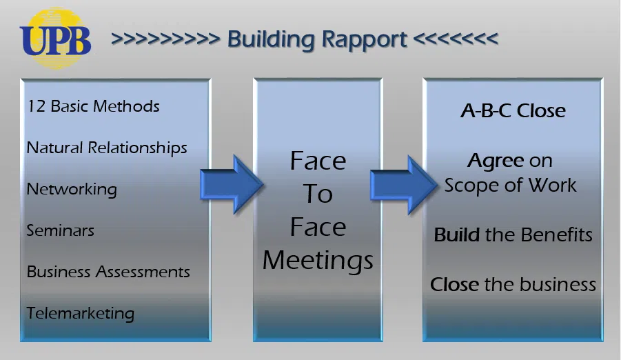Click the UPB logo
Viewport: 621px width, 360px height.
coord(55,39)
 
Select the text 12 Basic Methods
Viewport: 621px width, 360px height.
coord(93,106)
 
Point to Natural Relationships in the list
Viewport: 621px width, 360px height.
coord(107,148)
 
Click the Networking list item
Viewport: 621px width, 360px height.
coord(72,189)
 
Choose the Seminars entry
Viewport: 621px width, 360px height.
coord(61,230)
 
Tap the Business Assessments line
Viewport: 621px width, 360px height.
coord(108,272)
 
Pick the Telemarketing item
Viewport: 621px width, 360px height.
coord(81,313)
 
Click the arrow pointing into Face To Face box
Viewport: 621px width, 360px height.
coord(232,184)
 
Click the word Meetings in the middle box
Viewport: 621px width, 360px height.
coord(318,260)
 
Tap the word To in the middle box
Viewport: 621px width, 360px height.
coord(318,194)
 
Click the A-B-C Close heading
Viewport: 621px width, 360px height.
coord(513,111)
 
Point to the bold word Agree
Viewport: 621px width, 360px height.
coord(496,161)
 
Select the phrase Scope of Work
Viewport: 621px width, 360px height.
coord(511,185)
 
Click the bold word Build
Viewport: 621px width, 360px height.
coord(457,234)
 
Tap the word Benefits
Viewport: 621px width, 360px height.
coord(555,234)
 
